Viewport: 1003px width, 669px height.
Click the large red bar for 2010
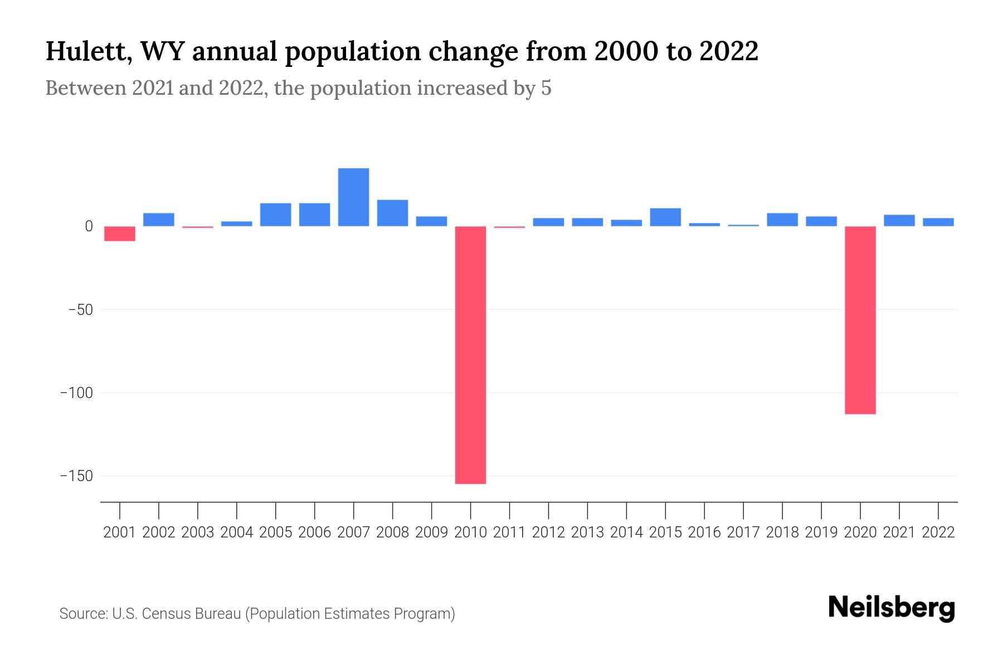point(470,355)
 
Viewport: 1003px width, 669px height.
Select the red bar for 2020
point(860,320)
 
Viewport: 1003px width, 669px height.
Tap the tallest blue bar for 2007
point(353,197)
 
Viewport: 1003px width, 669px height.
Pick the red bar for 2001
point(120,234)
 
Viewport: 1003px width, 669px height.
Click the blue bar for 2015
point(665,217)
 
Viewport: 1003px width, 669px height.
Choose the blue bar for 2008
point(392,213)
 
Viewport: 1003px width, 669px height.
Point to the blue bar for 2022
point(938,222)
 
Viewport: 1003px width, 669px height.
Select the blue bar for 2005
point(275,215)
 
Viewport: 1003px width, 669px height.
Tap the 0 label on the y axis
point(89,226)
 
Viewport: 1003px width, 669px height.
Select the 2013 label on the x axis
point(587,532)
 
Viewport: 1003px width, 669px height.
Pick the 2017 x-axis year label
point(743,532)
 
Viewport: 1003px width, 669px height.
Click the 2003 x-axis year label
point(198,532)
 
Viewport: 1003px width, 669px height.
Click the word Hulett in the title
point(88,51)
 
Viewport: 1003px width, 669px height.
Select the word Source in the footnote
point(83,614)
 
